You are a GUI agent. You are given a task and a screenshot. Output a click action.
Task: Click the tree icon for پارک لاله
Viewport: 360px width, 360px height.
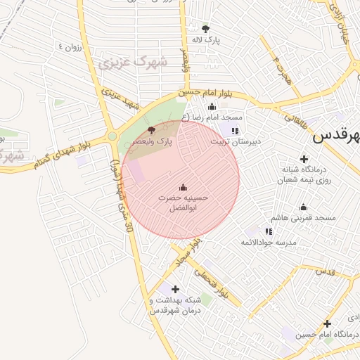pyautogui.click(x=205, y=29)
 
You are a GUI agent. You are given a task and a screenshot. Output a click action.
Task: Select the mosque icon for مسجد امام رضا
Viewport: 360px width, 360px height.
pyautogui.click(x=212, y=107)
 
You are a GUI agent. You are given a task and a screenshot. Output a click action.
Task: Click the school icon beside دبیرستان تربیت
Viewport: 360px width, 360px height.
pyautogui.click(x=235, y=130)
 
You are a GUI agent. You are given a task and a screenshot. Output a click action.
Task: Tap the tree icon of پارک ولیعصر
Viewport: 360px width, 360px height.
pyautogui.click(x=151, y=130)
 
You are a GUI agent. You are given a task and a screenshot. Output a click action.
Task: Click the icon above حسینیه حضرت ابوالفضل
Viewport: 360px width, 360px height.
pyautogui.click(x=184, y=186)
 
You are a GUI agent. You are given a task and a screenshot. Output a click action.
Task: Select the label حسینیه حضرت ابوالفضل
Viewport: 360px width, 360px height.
pyautogui.click(x=183, y=203)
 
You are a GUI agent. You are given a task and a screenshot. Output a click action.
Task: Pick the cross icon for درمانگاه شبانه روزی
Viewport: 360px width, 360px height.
pyautogui.click(x=304, y=159)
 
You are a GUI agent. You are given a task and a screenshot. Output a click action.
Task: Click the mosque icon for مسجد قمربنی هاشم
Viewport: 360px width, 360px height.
pyautogui.click(x=303, y=207)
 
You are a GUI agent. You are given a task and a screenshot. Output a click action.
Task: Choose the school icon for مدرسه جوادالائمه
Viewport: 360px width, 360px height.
pyautogui.click(x=269, y=231)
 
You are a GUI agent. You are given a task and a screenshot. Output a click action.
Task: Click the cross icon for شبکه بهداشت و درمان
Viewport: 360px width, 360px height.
pyautogui.click(x=175, y=288)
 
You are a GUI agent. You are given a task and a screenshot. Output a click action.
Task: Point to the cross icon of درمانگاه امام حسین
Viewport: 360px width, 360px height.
pyautogui.click(x=327, y=323)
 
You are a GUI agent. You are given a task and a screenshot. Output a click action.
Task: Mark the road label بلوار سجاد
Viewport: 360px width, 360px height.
pyautogui.click(x=188, y=251)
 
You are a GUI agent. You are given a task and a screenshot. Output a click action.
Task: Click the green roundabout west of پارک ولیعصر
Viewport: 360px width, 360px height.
pyautogui.click(x=112, y=136)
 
